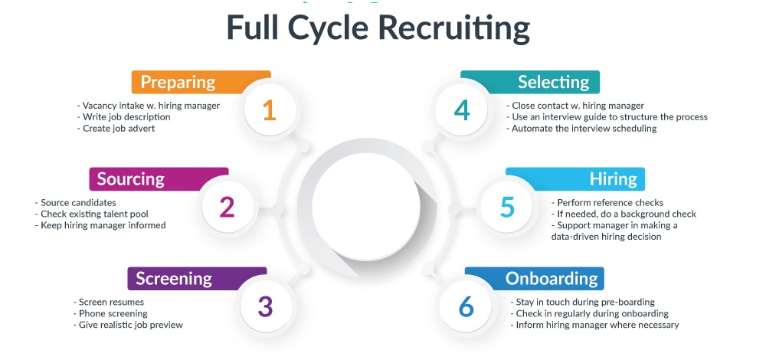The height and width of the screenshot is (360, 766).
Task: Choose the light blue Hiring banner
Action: (575, 179)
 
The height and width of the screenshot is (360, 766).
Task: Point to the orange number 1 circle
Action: (269, 111)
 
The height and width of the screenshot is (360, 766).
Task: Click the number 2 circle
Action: (228, 208)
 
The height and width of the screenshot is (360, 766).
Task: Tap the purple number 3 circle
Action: (265, 306)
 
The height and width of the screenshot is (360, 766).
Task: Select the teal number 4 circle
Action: (461, 111)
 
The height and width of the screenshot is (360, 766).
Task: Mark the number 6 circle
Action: (466, 306)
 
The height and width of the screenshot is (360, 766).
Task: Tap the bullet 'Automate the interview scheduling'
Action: (581, 129)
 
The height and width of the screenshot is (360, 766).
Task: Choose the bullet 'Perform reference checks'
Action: (608, 202)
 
